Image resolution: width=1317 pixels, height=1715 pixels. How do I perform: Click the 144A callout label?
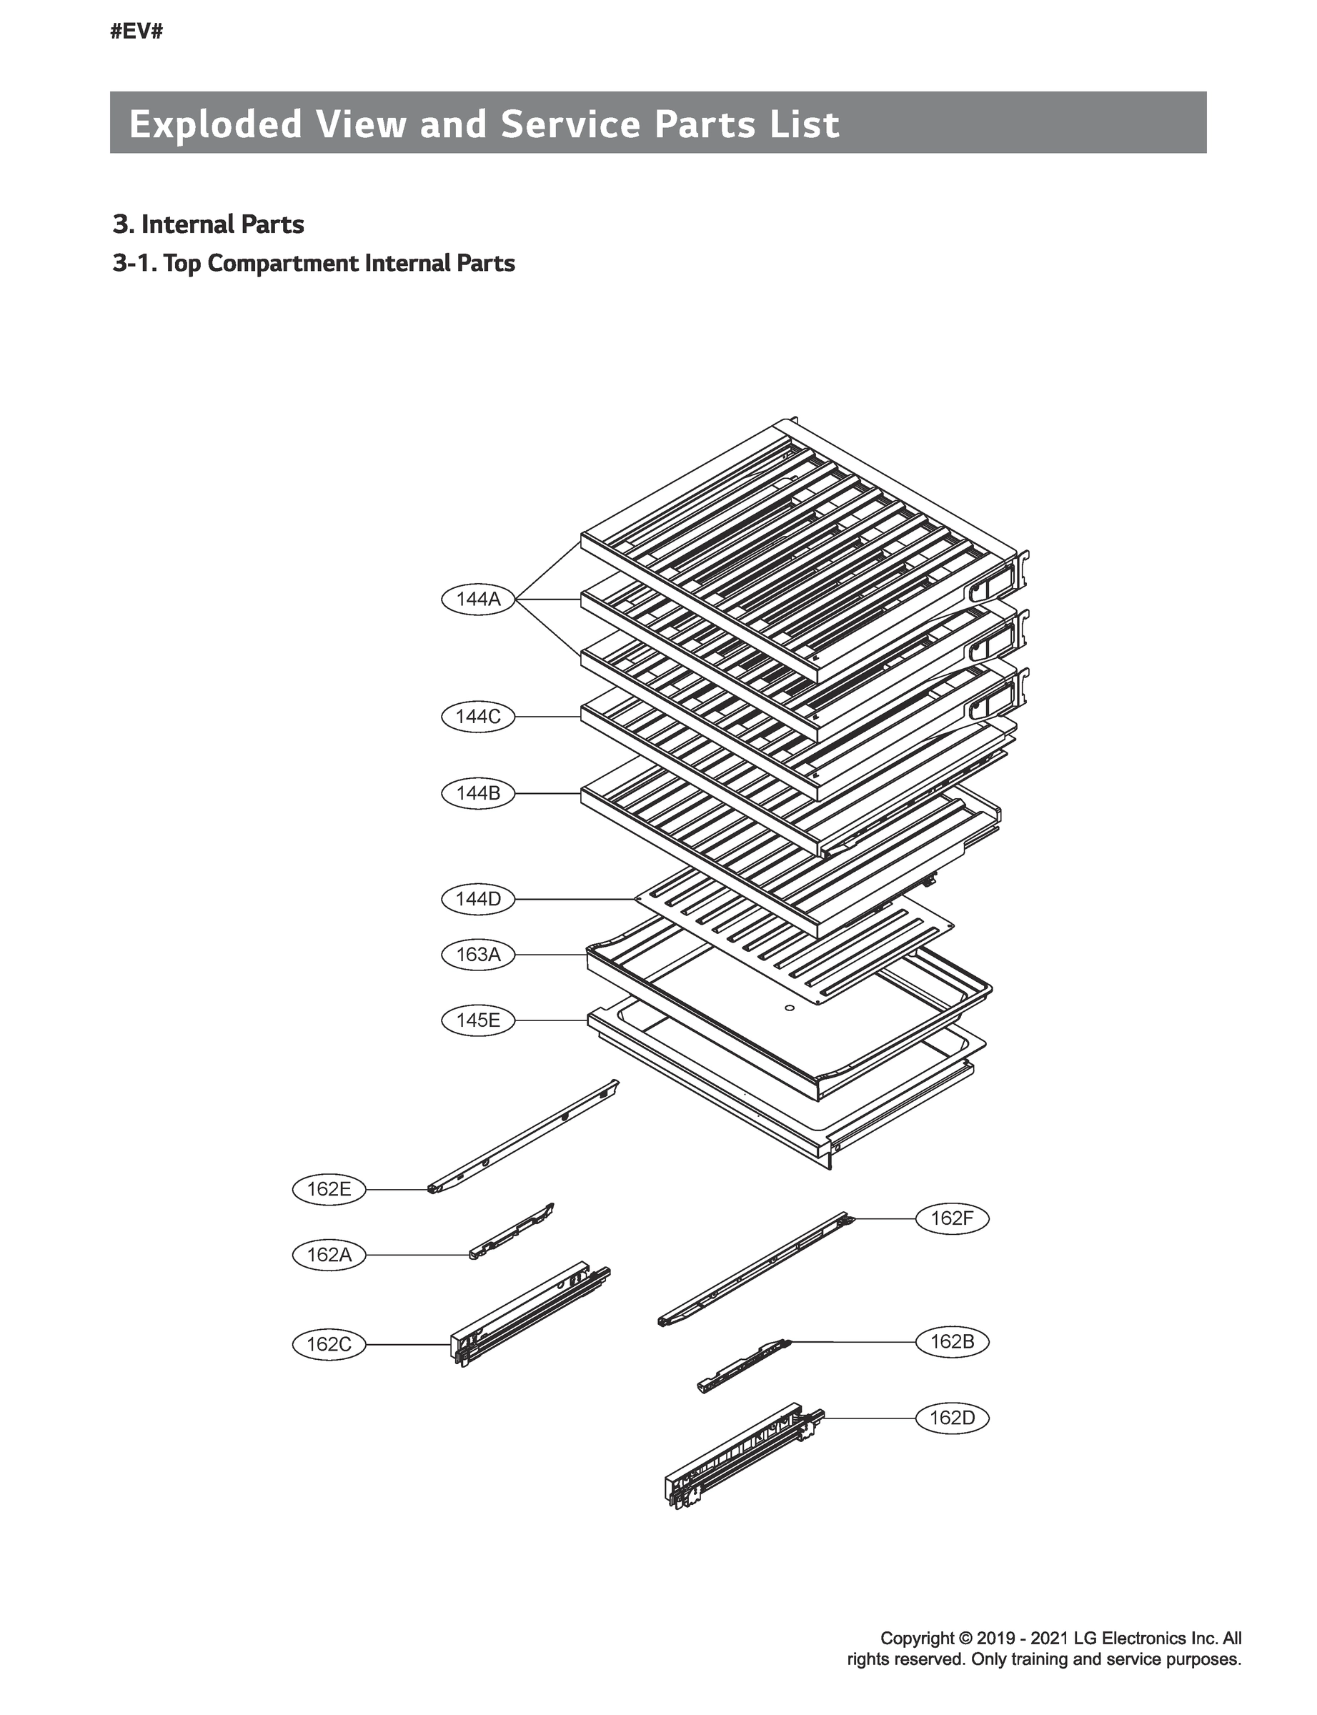pos(478,600)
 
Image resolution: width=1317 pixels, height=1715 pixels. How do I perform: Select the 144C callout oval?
pos(478,717)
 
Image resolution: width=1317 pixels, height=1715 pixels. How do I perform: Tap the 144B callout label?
pos(478,793)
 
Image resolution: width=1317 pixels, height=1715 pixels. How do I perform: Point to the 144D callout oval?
pos(478,899)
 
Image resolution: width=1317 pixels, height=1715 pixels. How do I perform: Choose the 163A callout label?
pos(478,955)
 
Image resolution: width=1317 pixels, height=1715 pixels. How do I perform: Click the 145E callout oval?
pos(478,1020)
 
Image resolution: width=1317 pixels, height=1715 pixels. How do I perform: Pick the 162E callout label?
pos(329,1189)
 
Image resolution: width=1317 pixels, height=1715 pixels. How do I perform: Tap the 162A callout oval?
pos(329,1255)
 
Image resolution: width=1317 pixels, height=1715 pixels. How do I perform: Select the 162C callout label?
pos(329,1345)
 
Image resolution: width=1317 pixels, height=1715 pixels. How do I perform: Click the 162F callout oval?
pos(953,1219)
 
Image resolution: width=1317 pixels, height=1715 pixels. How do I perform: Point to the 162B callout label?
pos(953,1342)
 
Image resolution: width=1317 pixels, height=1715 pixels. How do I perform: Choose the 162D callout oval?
pos(953,1418)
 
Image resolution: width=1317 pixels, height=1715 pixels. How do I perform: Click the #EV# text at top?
pos(136,32)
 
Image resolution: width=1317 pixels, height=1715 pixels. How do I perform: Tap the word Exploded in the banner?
pos(216,124)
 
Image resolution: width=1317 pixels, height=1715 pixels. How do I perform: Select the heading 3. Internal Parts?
pos(209,224)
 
